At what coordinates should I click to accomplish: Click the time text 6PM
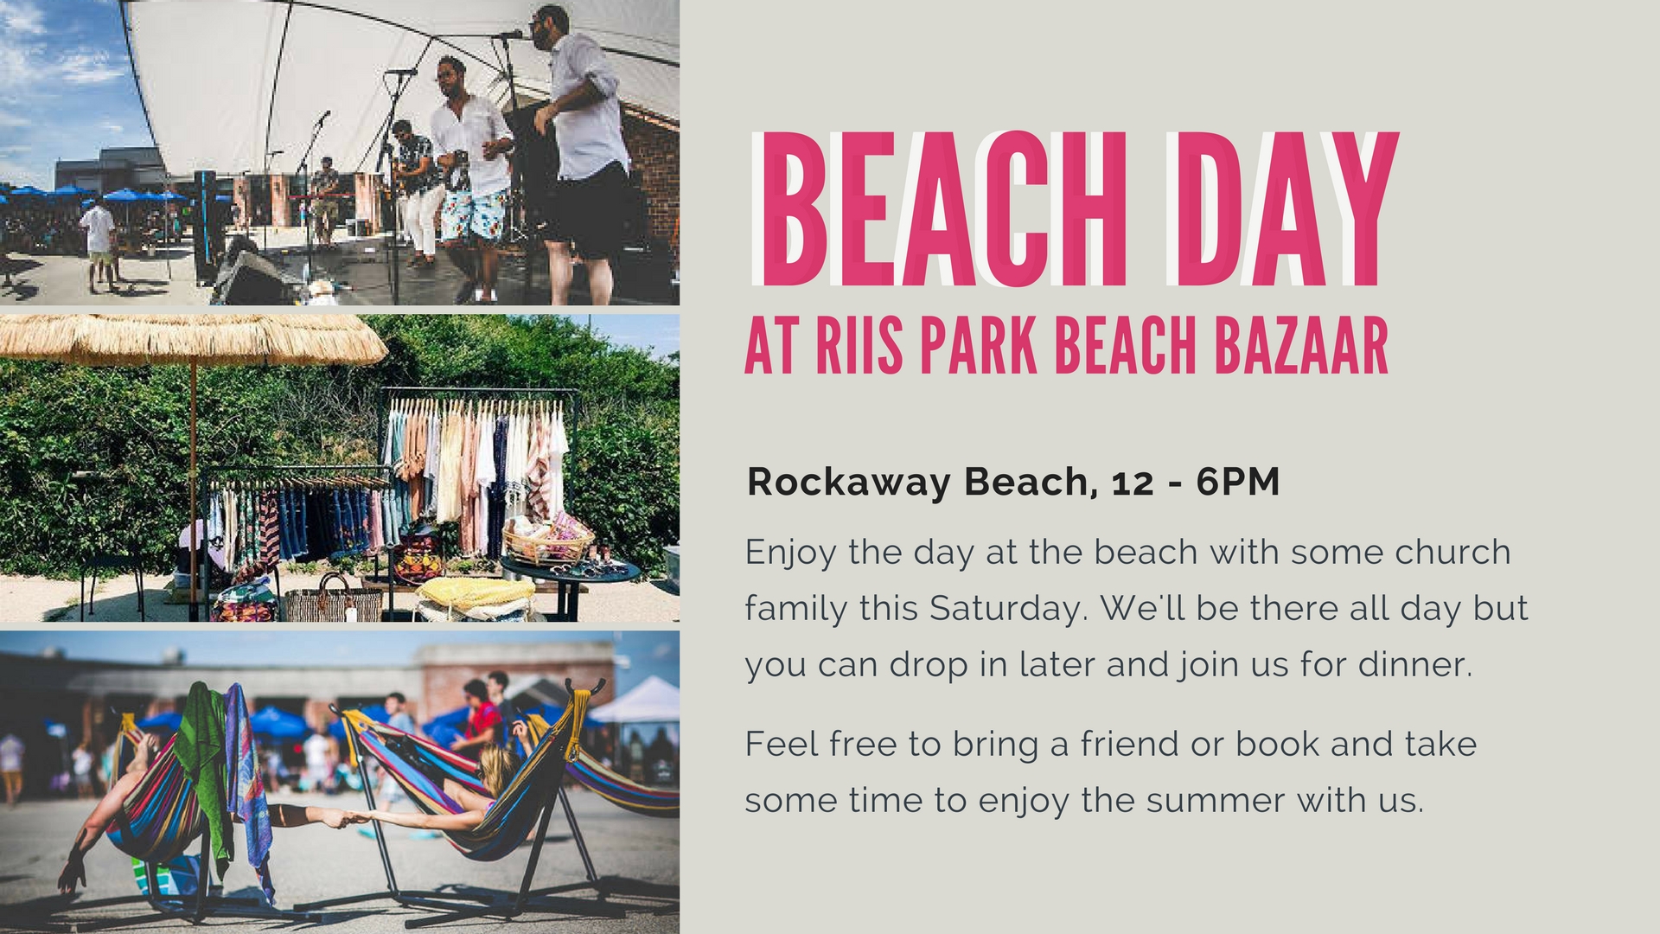(x=1238, y=483)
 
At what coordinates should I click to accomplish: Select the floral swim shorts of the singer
(x=475, y=214)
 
